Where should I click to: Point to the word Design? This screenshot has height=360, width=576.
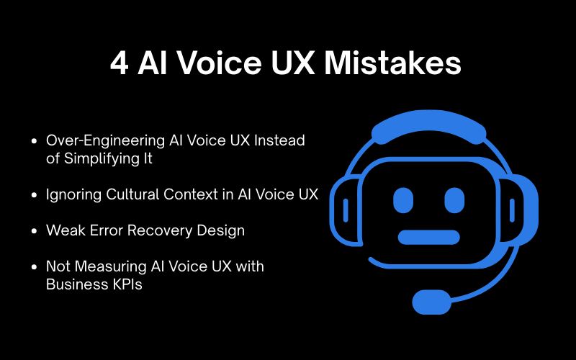[x=220, y=230]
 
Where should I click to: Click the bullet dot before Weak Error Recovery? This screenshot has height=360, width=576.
[x=35, y=231]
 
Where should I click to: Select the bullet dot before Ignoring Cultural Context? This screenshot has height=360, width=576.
[x=35, y=194]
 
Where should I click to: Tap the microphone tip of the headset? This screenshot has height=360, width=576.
[x=430, y=298]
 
